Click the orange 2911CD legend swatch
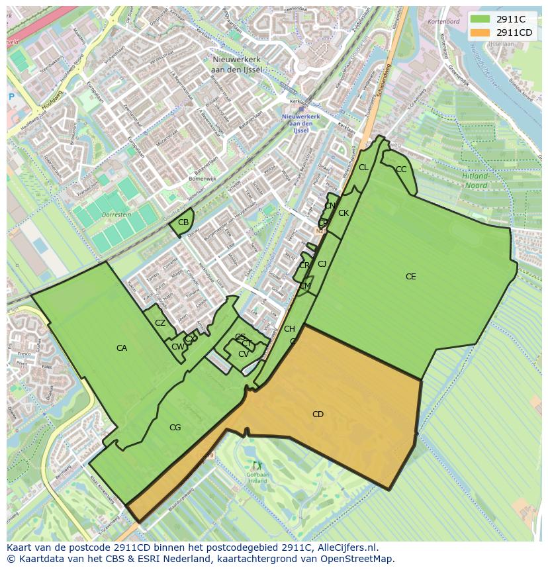(x=481, y=32)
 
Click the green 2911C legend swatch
(x=481, y=19)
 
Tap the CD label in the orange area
(x=318, y=414)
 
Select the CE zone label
(x=410, y=277)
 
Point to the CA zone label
(x=122, y=348)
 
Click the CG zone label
(x=175, y=428)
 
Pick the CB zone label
(x=183, y=222)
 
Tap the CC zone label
(x=401, y=169)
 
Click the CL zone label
(x=363, y=167)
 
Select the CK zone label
(x=343, y=213)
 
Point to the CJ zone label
(x=322, y=264)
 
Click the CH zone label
(x=289, y=329)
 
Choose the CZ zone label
(x=160, y=323)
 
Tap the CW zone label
(x=177, y=347)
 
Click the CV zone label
(x=244, y=354)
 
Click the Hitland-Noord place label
(x=475, y=181)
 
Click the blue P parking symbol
(x=11, y=97)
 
